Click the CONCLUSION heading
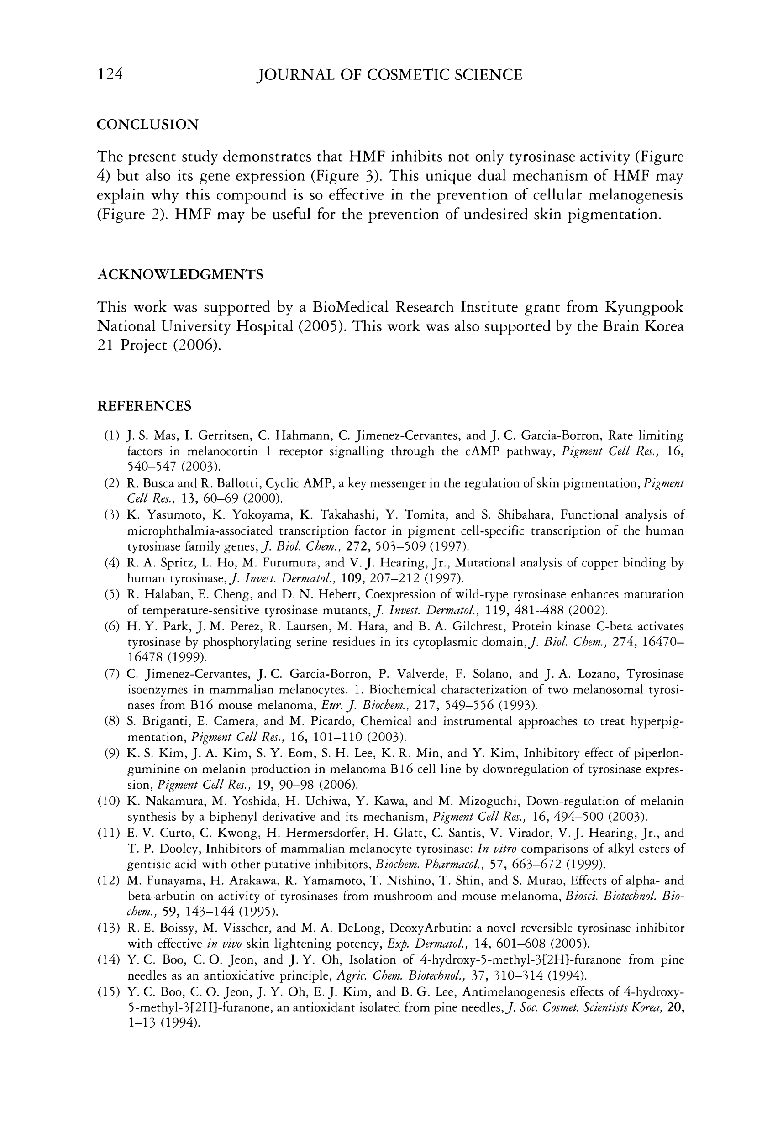147,125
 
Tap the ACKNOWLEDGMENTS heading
180,275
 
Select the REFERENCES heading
144,406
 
